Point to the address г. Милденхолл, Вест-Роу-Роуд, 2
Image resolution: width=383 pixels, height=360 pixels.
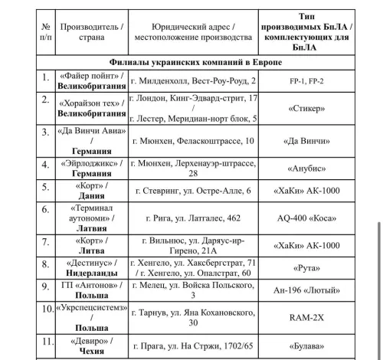(x=195, y=80)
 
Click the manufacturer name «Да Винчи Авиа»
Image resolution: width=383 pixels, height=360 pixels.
(x=91, y=131)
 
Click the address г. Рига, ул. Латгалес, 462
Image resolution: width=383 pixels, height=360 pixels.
(x=195, y=218)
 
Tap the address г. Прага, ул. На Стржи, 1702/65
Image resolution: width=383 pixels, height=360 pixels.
(x=195, y=345)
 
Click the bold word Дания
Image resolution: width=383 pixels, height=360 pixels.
(x=91, y=197)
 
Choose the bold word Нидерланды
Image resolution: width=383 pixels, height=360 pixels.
(x=91, y=273)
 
